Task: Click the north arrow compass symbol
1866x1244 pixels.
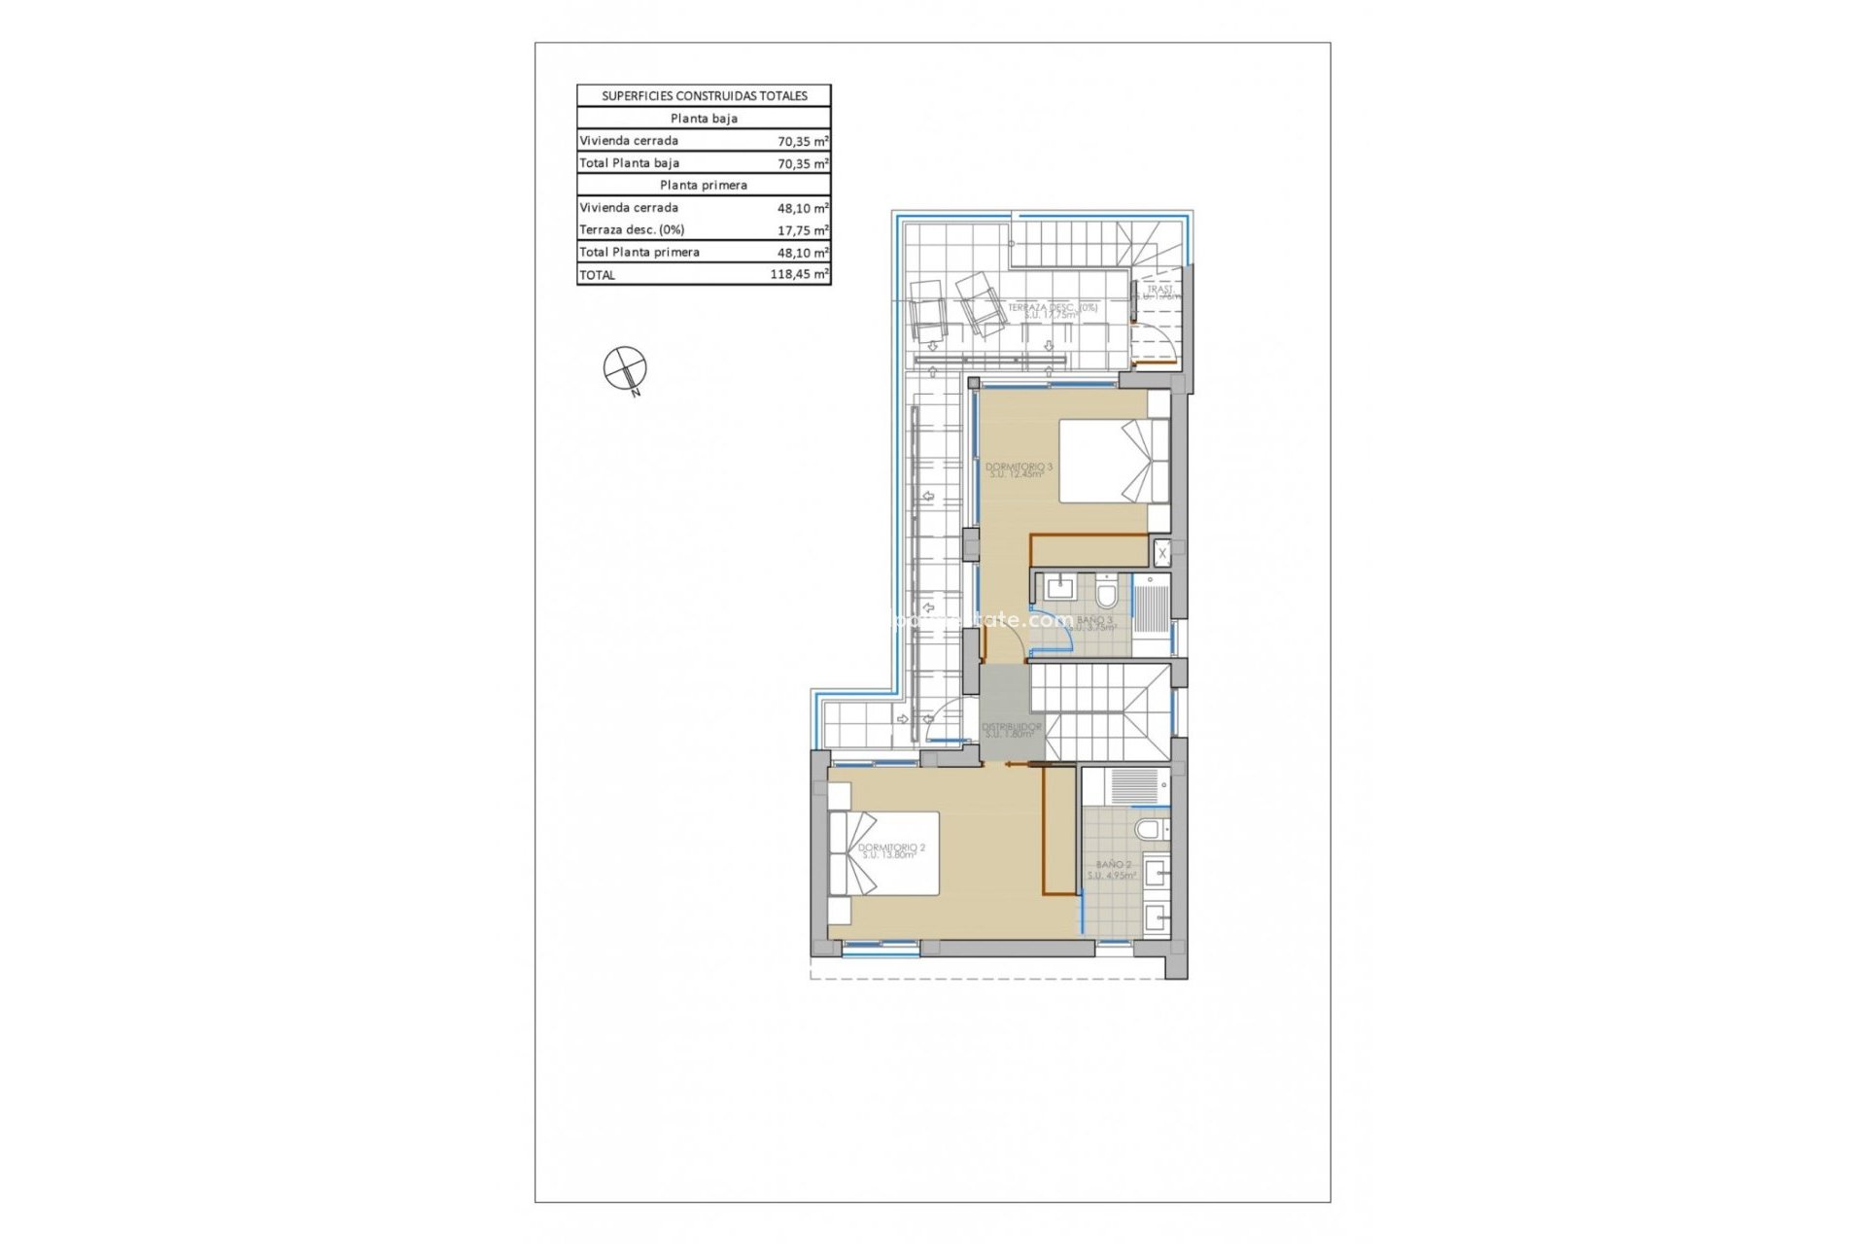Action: pos(624,367)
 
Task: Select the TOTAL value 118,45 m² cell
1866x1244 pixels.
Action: pos(799,275)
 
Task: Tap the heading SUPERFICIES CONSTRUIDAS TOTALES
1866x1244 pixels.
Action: pos(704,96)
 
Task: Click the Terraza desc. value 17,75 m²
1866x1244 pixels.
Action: pos(801,230)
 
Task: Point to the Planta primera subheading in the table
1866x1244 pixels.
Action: pos(704,185)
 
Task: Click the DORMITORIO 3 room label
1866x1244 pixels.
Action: pos(1019,469)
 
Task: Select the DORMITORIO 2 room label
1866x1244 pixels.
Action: pos(891,850)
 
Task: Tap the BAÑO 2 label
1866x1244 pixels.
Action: pos(1112,869)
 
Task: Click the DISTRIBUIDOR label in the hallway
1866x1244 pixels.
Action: pos(1011,729)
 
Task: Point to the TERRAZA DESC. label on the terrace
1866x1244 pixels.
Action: pos(1052,310)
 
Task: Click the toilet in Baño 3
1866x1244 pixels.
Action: pos(1106,592)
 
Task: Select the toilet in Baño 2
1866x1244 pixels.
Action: pos(1151,829)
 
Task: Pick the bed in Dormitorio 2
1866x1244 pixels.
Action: pos(204,852)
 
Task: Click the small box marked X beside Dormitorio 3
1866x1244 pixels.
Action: pos(1160,552)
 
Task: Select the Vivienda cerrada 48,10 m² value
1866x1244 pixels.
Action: pos(801,208)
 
